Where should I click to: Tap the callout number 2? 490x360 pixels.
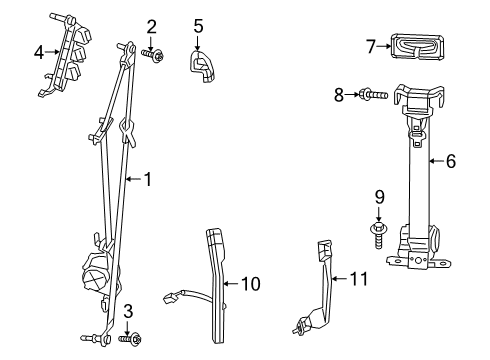[x=152, y=26]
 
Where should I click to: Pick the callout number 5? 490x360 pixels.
[x=198, y=26]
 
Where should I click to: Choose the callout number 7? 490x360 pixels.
[x=371, y=44]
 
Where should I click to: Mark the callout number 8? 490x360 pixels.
[x=339, y=95]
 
